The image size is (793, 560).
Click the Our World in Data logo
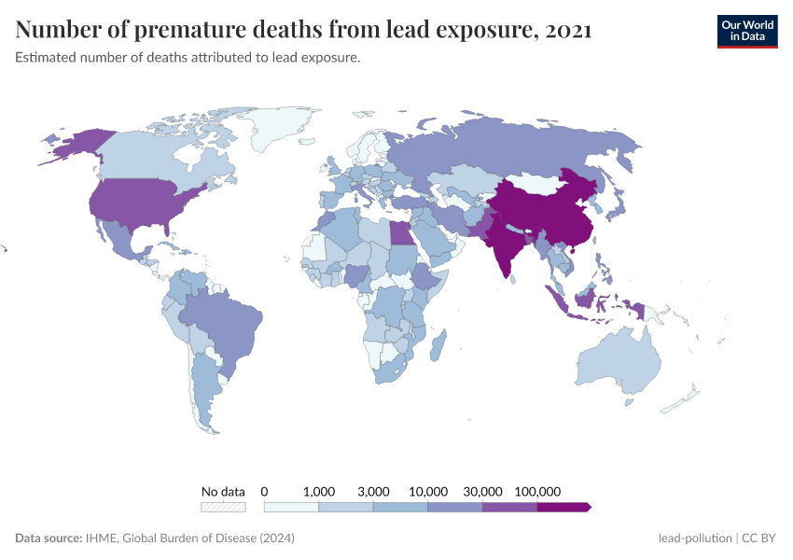(746, 31)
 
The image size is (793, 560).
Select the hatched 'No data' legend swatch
(223, 507)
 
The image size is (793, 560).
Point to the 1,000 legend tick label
(319, 491)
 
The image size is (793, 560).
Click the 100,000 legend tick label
(537, 491)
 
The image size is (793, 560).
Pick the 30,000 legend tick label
(483, 491)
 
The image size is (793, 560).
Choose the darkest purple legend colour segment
(563, 507)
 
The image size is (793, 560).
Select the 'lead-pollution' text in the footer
(694, 539)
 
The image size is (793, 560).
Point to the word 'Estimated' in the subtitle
(46, 58)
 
